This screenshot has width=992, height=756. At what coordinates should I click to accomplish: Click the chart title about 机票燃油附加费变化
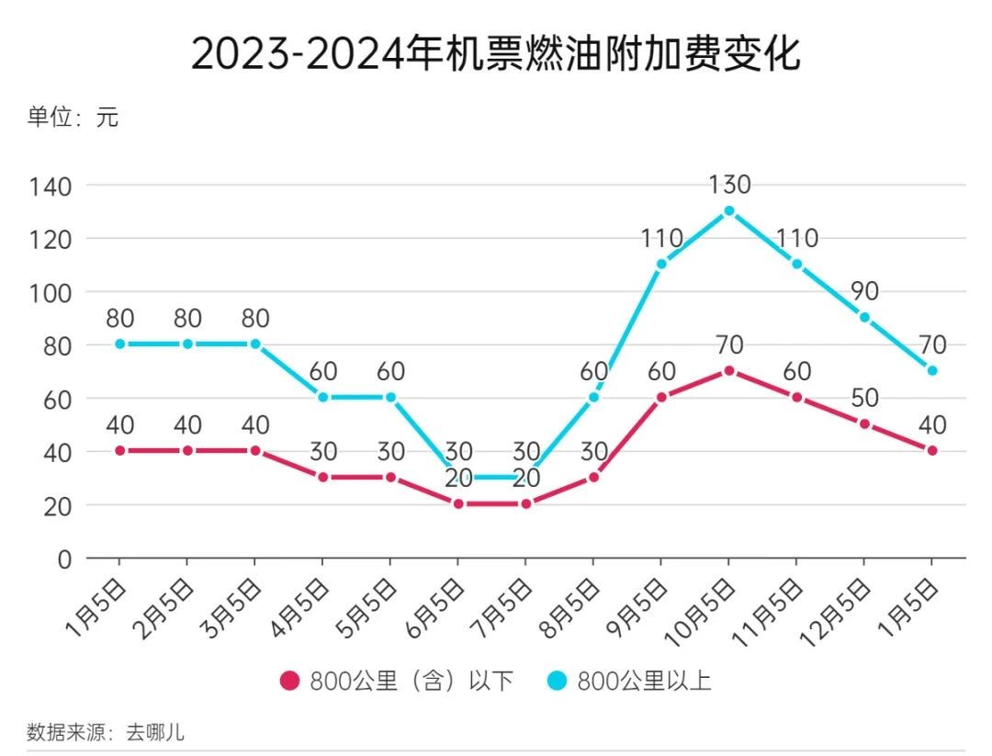click(496, 54)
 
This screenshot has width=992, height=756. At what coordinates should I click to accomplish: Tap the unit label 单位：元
click(73, 118)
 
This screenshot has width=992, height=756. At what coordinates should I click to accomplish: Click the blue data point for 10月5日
click(729, 210)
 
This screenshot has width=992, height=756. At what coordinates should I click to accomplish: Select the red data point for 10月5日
click(729, 370)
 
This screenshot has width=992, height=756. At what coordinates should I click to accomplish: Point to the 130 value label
click(729, 185)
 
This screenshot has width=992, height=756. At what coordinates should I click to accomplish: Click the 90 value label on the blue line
click(864, 291)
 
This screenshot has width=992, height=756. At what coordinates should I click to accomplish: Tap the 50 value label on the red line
click(864, 398)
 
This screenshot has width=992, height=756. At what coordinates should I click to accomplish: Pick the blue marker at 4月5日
click(322, 397)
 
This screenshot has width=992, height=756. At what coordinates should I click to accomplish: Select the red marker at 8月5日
click(593, 477)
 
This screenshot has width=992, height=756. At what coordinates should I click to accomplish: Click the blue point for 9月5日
click(661, 264)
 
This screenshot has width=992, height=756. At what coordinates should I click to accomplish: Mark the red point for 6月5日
click(458, 503)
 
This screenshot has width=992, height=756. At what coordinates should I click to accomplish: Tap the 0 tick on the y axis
click(64, 559)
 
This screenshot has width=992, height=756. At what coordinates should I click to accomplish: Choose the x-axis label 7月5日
click(502, 606)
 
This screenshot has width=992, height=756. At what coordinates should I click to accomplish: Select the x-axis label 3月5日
click(231, 606)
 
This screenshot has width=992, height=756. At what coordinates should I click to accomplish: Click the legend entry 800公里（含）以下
click(397, 681)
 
